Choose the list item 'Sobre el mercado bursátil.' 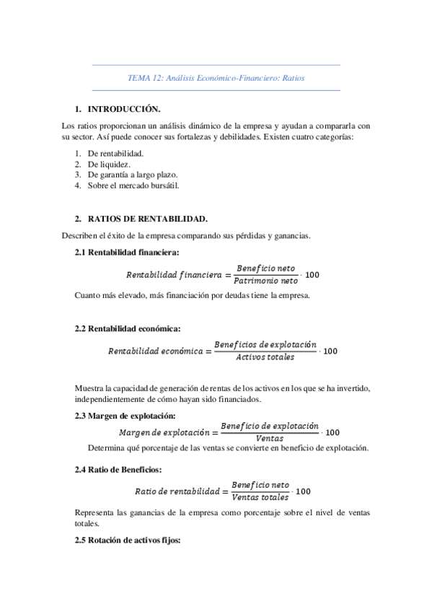[x=132, y=185]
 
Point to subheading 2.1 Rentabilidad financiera [x=128, y=252]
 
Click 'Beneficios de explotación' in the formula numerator [x=265, y=345]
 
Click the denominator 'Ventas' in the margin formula [x=270, y=439]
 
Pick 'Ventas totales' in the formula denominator [x=260, y=497]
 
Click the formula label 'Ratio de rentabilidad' [x=177, y=491]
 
